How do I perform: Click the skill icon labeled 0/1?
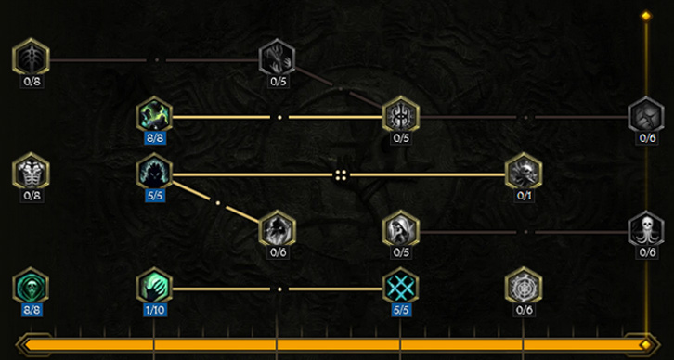524,173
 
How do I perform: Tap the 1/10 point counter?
154,308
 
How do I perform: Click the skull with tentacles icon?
647,229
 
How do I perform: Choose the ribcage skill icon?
31,173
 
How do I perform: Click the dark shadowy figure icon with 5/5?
154,173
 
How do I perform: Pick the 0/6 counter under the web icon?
525,308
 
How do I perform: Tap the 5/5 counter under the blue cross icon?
401,308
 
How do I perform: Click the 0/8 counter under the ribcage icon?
31,194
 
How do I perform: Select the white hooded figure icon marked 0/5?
401,229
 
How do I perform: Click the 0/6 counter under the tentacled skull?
647,251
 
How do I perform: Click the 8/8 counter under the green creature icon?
154,137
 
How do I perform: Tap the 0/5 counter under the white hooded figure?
401,251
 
